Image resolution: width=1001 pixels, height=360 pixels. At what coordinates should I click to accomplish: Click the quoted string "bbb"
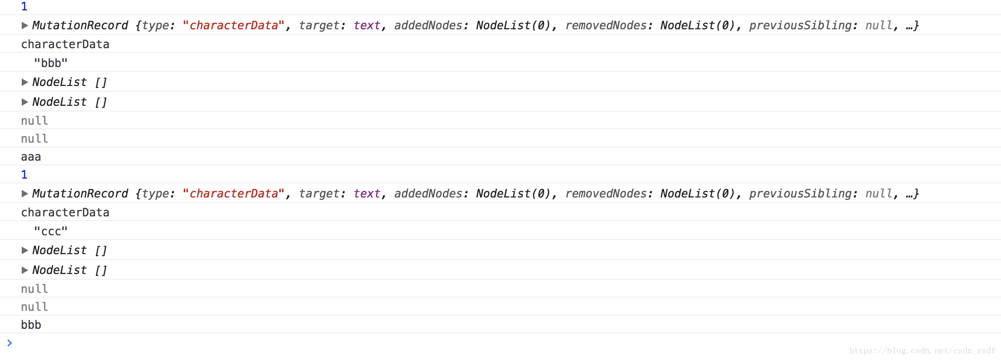51,63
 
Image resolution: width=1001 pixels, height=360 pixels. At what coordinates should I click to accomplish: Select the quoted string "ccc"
51,231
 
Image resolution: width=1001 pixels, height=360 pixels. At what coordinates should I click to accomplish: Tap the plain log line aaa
31,156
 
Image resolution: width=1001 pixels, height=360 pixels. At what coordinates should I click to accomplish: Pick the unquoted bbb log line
31,325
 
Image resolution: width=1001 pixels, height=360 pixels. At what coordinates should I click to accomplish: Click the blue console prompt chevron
9,343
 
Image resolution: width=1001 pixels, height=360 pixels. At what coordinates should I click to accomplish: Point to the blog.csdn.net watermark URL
922,351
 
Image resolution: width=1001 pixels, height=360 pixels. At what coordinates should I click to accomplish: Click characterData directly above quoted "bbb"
65,44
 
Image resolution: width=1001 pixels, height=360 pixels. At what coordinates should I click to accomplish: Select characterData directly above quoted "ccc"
65,212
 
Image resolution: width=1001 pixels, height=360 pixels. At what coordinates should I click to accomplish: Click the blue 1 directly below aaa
25,174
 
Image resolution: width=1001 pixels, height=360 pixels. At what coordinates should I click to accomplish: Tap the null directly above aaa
35,138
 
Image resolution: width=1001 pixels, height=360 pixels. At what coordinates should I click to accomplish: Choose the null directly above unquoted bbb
35,307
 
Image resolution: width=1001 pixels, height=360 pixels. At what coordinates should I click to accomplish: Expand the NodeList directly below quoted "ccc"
25,250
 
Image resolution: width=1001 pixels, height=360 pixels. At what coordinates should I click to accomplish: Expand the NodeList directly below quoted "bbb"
25,82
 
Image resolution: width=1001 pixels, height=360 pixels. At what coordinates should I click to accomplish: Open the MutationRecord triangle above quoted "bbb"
25,26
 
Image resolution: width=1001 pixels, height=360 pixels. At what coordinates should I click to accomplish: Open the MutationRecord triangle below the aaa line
25,194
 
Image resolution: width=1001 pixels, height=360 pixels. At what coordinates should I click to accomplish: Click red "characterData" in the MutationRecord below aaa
233,194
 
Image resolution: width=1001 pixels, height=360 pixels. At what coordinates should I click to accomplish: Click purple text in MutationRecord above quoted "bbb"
367,26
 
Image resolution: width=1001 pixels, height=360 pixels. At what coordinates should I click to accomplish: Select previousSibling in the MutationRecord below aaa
800,194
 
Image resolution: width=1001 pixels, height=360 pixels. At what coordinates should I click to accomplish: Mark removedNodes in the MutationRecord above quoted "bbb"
605,26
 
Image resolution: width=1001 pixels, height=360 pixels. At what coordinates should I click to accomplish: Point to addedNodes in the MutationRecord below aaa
428,194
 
